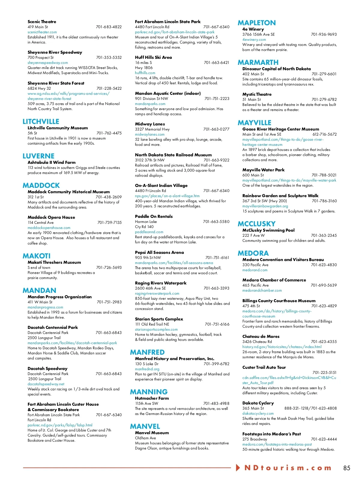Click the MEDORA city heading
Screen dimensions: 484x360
click(x=253, y=253)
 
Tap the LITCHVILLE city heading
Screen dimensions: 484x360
click(x=41, y=122)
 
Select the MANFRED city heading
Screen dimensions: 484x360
click(x=147, y=352)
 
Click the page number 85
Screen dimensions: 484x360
click(x=346, y=468)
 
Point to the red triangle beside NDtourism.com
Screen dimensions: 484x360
click(x=238, y=467)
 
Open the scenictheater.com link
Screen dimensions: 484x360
click(x=42, y=32)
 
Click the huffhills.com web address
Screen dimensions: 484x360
click(x=145, y=73)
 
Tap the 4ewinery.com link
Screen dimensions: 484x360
click(x=254, y=40)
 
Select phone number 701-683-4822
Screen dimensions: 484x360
click(x=109, y=27)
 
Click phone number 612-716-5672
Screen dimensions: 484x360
click(x=324, y=134)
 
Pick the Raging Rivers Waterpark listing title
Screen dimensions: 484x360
click(x=160, y=283)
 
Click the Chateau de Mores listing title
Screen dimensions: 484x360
click(x=261, y=336)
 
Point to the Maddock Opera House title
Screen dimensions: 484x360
click(x=51, y=217)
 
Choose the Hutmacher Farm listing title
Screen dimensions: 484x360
click(x=152, y=398)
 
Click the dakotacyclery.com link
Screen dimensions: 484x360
click(x=258, y=413)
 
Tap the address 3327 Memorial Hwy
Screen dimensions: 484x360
click(x=152, y=129)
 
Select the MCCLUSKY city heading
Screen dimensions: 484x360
click(x=256, y=224)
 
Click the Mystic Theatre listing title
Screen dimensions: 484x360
click(x=257, y=94)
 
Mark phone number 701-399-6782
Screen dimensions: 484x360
click(x=216, y=364)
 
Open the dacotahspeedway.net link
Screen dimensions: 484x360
click(x=46, y=384)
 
